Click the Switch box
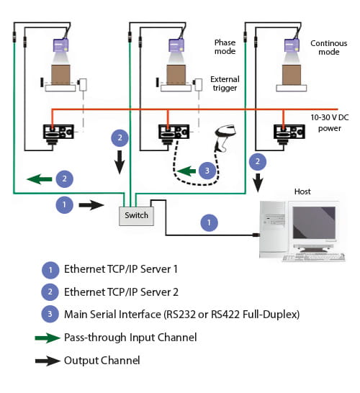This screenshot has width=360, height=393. coord(136,216)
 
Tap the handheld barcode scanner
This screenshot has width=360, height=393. coord(224,138)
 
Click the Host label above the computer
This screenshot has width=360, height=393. coord(302,191)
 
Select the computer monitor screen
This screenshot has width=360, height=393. coord(314,222)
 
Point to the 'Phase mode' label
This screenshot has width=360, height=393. coord(225,47)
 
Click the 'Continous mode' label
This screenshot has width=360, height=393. coord(328,48)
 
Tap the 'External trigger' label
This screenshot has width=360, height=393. coord(225,83)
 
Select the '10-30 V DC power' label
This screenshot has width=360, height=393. coord(330,123)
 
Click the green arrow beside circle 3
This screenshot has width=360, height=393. coord(186,171)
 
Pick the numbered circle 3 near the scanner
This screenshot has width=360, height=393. coord(207,171)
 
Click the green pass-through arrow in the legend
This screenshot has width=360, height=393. coord(48,338)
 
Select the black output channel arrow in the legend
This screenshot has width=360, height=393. coord(48,361)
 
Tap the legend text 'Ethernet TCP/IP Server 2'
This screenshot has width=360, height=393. coord(121,292)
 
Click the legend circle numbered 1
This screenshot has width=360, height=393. coord(50,270)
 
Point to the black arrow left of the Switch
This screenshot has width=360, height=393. coord(91,205)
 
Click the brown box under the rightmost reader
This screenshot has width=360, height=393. coord(292,75)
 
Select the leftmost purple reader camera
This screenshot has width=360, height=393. coord(60,45)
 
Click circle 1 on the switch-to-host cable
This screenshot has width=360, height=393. coord(209,222)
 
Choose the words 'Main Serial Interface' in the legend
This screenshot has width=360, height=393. coord(112,315)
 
